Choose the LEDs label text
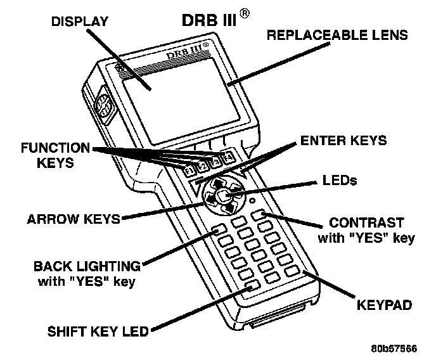click(339, 181)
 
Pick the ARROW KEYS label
click(74, 220)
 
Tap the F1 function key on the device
click(189, 170)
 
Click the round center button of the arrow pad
click(223, 198)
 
